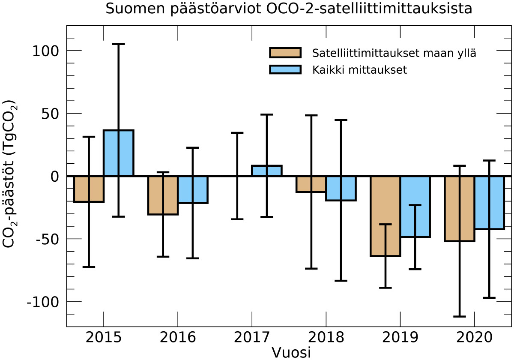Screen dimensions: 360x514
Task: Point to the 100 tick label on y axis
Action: click(x=45, y=51)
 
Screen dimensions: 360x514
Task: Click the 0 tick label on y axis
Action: click(x=54, y=176)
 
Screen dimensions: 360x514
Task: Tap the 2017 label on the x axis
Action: click(x=251, y=338)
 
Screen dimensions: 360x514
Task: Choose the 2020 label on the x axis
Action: click(x=474, y=338)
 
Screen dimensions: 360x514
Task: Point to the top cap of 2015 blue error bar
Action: click(x=119, y=44)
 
